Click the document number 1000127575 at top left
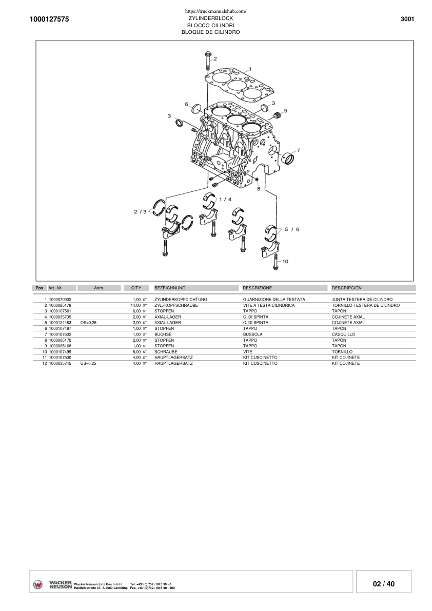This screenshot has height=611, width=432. [49, 19]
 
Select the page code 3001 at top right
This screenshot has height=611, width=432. [407, 19]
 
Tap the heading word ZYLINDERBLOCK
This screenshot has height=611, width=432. [210, 18]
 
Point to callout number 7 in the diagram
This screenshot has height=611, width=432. [298, 150]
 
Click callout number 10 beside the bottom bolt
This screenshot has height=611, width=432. [285, 261]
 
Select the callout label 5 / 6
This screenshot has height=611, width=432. [291, 229]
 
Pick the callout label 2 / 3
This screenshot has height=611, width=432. [140, 211]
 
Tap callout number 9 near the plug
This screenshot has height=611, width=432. [285, 110]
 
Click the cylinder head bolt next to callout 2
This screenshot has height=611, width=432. [207, 61]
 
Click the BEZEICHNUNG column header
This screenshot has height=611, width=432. [170, 288]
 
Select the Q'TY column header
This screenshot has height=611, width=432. [136, 288]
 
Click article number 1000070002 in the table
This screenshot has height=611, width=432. [60, 299]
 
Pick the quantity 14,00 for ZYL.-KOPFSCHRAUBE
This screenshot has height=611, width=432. [135, 305]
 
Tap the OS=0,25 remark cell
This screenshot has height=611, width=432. [88, 323]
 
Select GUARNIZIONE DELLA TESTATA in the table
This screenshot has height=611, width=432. [274, 299]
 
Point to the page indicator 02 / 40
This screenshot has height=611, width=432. [384, 584]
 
